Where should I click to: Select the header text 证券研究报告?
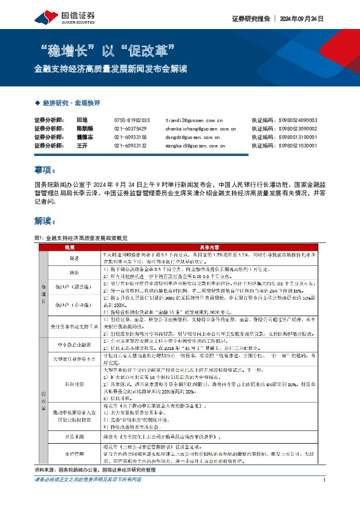(x=250, y=18)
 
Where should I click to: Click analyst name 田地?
(x=82, y=120)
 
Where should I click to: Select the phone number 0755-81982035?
(x=131, y=120)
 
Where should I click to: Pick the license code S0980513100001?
(x=306, y=137)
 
